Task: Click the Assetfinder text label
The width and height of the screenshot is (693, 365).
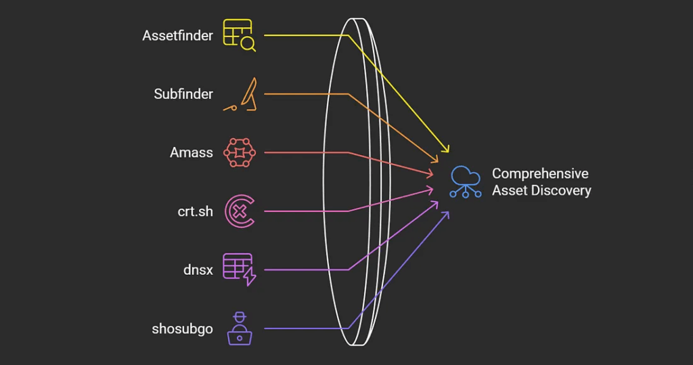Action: point(177,36)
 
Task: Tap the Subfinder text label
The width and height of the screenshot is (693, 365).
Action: point(183,94)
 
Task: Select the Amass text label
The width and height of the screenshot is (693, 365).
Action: point(191,152)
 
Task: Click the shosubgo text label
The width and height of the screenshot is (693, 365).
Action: point(182,329)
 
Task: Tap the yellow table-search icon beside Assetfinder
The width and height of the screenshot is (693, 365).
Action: point(239,35)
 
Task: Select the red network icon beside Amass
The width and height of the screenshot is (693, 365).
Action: point(239,152)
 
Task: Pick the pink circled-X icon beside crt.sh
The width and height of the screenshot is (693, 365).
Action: point(239,211)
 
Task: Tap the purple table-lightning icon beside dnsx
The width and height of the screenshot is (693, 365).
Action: point(239,270)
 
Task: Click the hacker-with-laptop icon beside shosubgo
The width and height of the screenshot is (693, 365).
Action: point(238,328)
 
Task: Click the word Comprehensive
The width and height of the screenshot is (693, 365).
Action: point(540,174)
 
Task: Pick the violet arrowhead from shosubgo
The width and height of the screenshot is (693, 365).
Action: point(445,214)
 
